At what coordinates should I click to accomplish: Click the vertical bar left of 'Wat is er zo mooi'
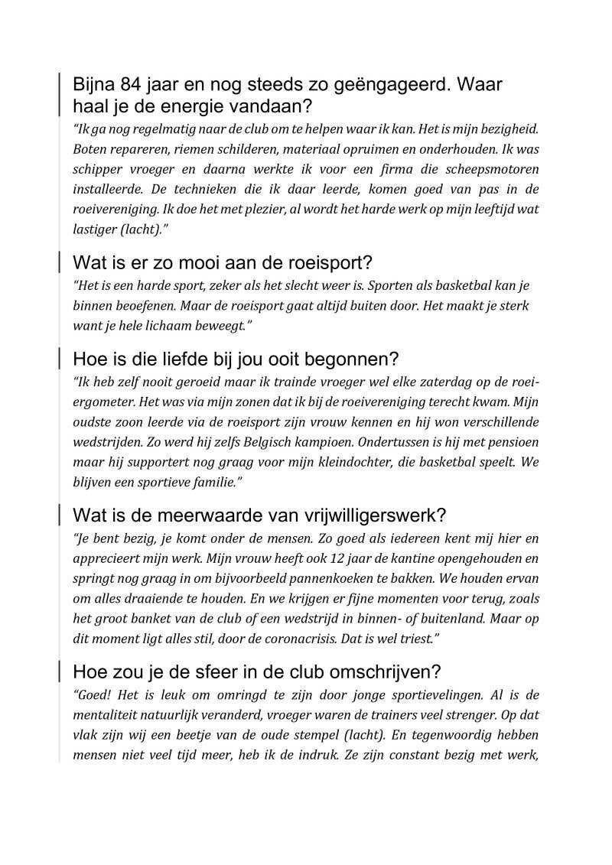point(60,263)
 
